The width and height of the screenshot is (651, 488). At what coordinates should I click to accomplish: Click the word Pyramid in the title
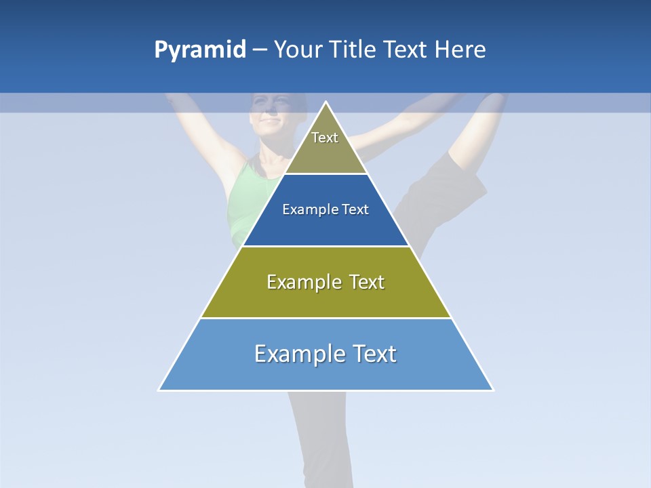[200, 50]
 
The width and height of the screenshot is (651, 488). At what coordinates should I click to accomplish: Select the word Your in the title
[297, 49]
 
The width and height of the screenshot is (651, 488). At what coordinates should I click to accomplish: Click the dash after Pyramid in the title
[260, 50]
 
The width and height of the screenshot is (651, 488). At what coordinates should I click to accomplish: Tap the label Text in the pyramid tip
[325, 138]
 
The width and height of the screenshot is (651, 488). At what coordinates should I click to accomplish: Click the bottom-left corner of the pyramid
[160, 390]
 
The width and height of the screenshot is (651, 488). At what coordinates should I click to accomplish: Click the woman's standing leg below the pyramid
[319, 434]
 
